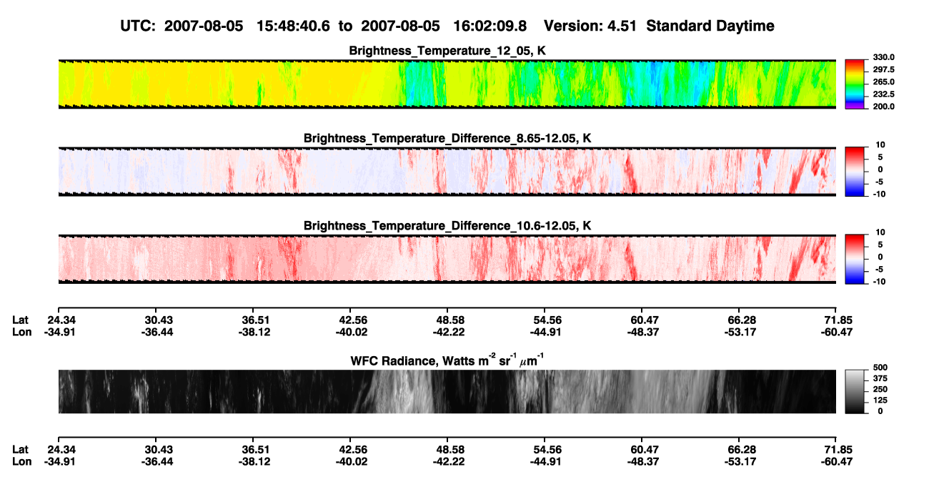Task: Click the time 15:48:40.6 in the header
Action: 293,26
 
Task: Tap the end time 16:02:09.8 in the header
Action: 490,26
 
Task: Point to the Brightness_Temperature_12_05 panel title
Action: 447,51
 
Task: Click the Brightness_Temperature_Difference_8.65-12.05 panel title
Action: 447,138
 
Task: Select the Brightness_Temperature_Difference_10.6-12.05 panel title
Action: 447,226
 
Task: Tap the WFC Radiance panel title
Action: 447,360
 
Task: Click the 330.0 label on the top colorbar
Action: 883,57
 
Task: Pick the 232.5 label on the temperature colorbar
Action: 883,94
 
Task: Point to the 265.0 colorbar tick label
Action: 883,82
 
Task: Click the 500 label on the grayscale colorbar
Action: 880,368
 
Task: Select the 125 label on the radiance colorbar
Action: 880,400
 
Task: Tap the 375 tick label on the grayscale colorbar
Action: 880,378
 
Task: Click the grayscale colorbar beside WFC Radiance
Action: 855,391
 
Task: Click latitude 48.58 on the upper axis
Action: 450,320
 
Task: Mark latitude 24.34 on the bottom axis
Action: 61,450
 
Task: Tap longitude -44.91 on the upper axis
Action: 545,332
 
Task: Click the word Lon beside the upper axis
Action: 21,332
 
